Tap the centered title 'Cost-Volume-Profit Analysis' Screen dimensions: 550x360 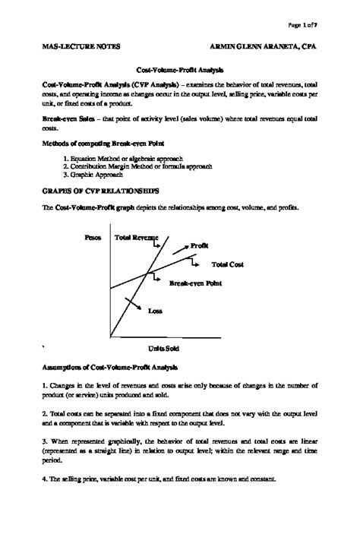(x=180, y=68)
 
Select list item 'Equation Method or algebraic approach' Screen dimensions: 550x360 (x=129, y=158)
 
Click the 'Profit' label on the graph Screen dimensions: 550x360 (x=200, y=245)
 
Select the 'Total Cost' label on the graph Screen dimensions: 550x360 (x=227, y=264)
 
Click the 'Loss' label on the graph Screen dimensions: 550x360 (x=154, y=310)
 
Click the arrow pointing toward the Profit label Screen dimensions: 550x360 (x=179, y=248)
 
